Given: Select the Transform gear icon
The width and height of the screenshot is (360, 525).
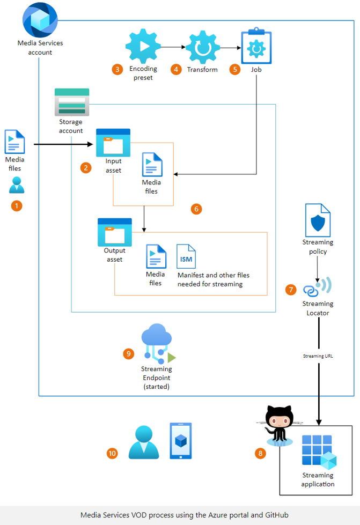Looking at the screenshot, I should click(x=202, y=48).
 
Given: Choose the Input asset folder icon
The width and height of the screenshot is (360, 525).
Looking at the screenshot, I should click(x=113, y=142).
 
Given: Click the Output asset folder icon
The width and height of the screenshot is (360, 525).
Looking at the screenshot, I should click(x=114, y=232).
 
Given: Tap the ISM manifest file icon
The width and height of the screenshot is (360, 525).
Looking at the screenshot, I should click(x=186, y=256).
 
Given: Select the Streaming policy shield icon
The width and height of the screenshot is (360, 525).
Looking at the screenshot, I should click(x=318, y=220).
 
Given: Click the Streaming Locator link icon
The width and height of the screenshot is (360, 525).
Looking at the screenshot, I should click(x=318, y=287).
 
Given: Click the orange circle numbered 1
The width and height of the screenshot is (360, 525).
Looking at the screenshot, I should click(x=17, y=205).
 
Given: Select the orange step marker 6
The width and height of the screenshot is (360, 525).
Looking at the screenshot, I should click(x=196, y=209).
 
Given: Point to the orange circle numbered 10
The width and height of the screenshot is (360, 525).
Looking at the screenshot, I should click(x=112, y=453).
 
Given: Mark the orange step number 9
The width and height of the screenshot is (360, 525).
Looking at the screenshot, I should click(x=128, y=353).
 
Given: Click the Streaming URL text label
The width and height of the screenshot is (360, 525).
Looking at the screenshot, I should click(x=318, y=356).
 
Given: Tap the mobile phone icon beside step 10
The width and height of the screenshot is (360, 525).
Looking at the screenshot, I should click(x=180, y=441).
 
